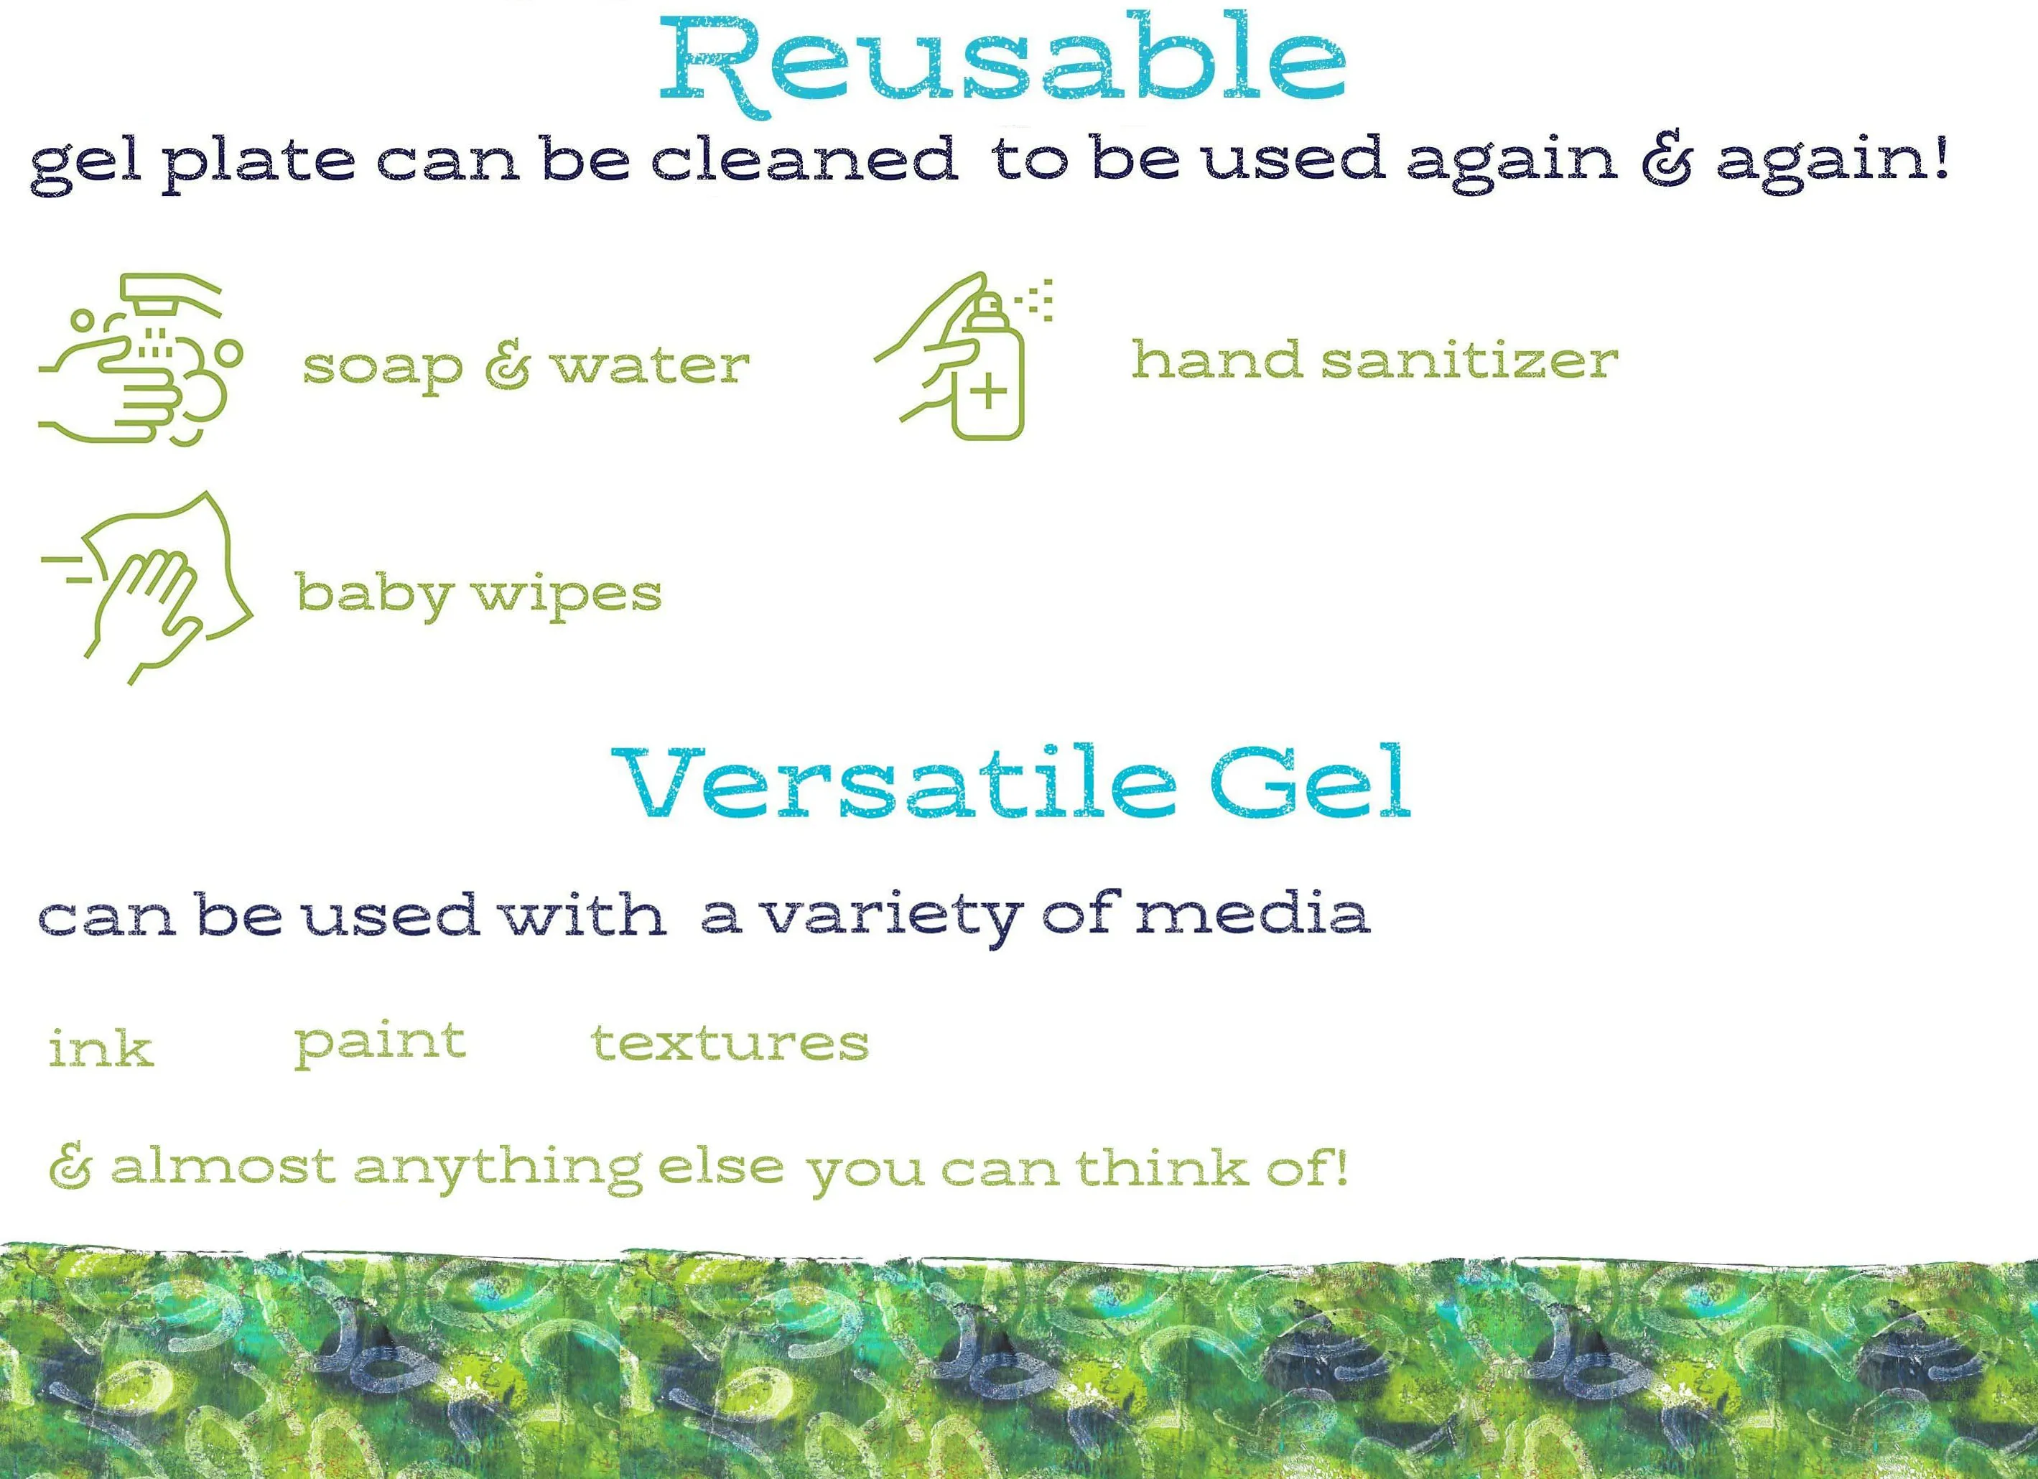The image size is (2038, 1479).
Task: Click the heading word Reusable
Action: pos(1002,61)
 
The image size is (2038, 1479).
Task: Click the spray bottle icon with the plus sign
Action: pos(964,357)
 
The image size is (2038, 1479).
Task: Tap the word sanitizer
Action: pos(1469,360)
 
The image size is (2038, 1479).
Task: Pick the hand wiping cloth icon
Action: pos(147,587)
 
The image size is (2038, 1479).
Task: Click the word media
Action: pos(1252,914)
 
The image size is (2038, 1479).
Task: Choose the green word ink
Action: pos(101,1048)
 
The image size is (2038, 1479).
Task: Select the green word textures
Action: pos(730,1042)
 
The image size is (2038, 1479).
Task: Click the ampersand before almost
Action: pos(70,1168)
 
